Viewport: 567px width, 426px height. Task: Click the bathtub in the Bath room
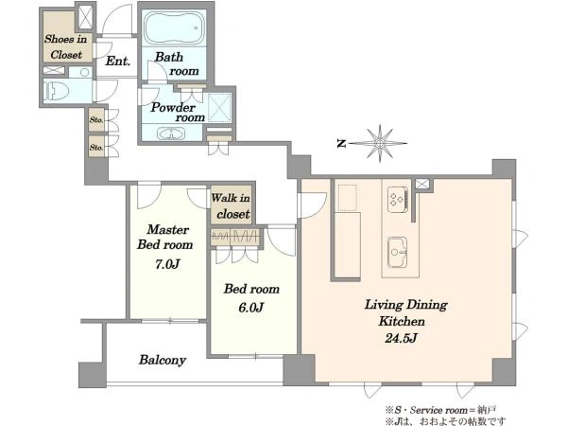pyautogui.click(x=174, y=27)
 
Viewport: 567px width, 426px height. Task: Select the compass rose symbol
pyautogui.click(x=378, y=144)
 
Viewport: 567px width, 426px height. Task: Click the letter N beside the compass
pyautogui.click(x=340, y=144)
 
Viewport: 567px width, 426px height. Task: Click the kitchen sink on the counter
pyautogui.click(x=398, y=253)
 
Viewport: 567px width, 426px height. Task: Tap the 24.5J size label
pyautogui.click(x=401, y=338)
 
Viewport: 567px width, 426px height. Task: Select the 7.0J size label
pyautogui.click(x=167, y=264)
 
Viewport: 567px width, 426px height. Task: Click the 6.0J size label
pyautogui.click(x=250, y=308)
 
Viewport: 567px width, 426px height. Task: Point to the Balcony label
pyautogui.click(x=163, y=360)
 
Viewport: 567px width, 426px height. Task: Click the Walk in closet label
pyautogui.click(x=231, y=206)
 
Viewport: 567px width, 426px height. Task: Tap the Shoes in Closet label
pyautogui.click(x=66, y=46)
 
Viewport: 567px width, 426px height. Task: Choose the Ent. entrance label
pyautogui.click(x=117, y=61)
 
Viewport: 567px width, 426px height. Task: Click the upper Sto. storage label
pyautogui.click(x=96, y=119)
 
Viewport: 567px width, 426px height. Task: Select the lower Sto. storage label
pyautogui.click(x=96, y=148)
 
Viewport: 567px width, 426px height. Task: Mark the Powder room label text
pyautogui.click(x=178, y=113)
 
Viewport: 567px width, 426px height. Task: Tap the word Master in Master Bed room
pyautogui.click(x=168, y=229)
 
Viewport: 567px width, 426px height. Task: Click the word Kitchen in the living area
pyautogui.click(x=402, y=321)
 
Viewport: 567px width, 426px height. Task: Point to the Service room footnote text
pyautogui.click(x=440, y=411)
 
